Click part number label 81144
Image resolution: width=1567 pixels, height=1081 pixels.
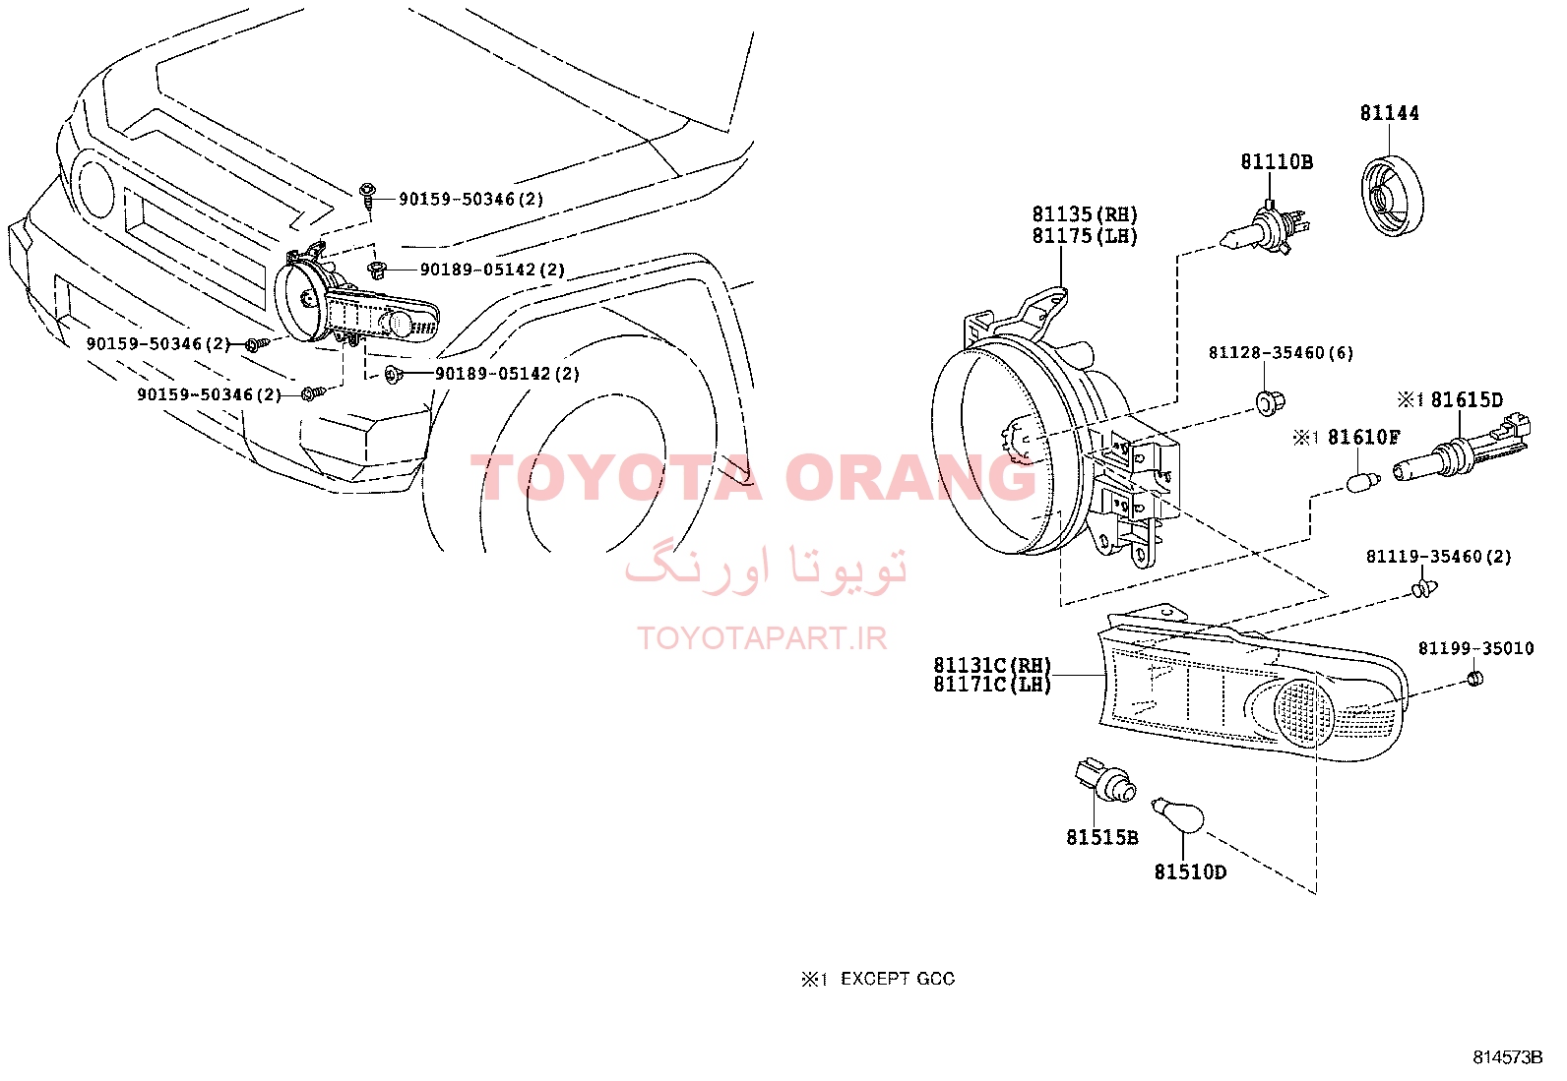point(1389,113)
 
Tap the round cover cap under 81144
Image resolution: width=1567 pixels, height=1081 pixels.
point(1392,196)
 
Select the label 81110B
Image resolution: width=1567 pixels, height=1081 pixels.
point(1277,162)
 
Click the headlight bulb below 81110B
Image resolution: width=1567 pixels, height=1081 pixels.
point(1264,227)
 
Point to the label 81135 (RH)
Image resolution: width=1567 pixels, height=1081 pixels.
point(1085,214)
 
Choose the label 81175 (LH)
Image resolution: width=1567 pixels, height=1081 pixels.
point(1085,236)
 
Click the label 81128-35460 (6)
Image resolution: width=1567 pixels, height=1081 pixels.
point(1281,353)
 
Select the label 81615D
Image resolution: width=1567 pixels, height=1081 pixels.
point(1467,400)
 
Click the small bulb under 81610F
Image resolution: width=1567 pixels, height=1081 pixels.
point(1363,482)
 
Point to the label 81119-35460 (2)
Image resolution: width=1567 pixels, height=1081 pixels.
point(1439,557)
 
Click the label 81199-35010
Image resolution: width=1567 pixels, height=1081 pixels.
point(1476,649)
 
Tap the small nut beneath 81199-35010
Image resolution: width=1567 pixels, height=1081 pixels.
point(1474,678)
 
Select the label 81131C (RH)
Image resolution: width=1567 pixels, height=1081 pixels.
point(993,664)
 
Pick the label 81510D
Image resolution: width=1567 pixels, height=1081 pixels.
point(1190,872)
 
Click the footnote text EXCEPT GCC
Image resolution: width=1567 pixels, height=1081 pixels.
point(898,979)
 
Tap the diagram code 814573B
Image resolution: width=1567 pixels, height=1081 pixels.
point(1508,1057)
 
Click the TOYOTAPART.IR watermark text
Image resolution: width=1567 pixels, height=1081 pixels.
point(762,638)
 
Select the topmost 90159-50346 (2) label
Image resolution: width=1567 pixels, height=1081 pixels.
point(470,200)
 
